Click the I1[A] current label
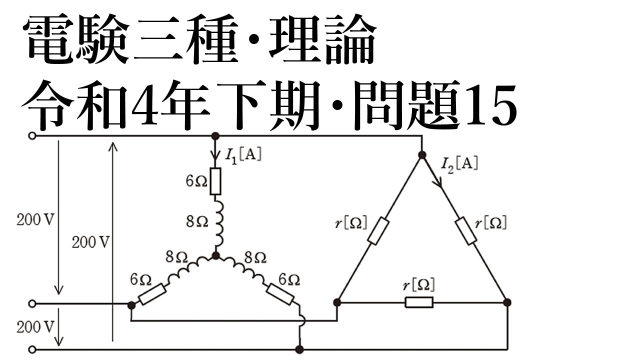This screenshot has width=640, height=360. tap(243, 155)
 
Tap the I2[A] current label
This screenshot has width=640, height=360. tap(459, 165)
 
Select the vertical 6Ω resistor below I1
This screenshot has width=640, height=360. tap(215, 181)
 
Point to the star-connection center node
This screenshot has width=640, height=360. tap(216, 255)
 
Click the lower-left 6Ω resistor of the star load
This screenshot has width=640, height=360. tap(152, 294)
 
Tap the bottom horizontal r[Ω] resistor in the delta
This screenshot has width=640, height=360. tap(419, 302)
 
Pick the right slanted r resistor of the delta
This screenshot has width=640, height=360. tap(466, 231)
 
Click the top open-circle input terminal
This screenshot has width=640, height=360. tap(32, 136)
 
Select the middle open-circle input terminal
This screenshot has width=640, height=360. tap(32, 303)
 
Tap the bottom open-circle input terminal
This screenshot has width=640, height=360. tap(32, 349)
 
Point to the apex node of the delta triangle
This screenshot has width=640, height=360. tap(422, 155)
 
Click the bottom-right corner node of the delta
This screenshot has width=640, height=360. tap(507, 302)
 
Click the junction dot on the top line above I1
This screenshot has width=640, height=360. tap(215, 136)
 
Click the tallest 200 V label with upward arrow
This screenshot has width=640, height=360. tap(90, 242)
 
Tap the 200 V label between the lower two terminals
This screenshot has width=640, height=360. tap(35, 327)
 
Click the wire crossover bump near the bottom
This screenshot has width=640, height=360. tap(303, 321)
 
